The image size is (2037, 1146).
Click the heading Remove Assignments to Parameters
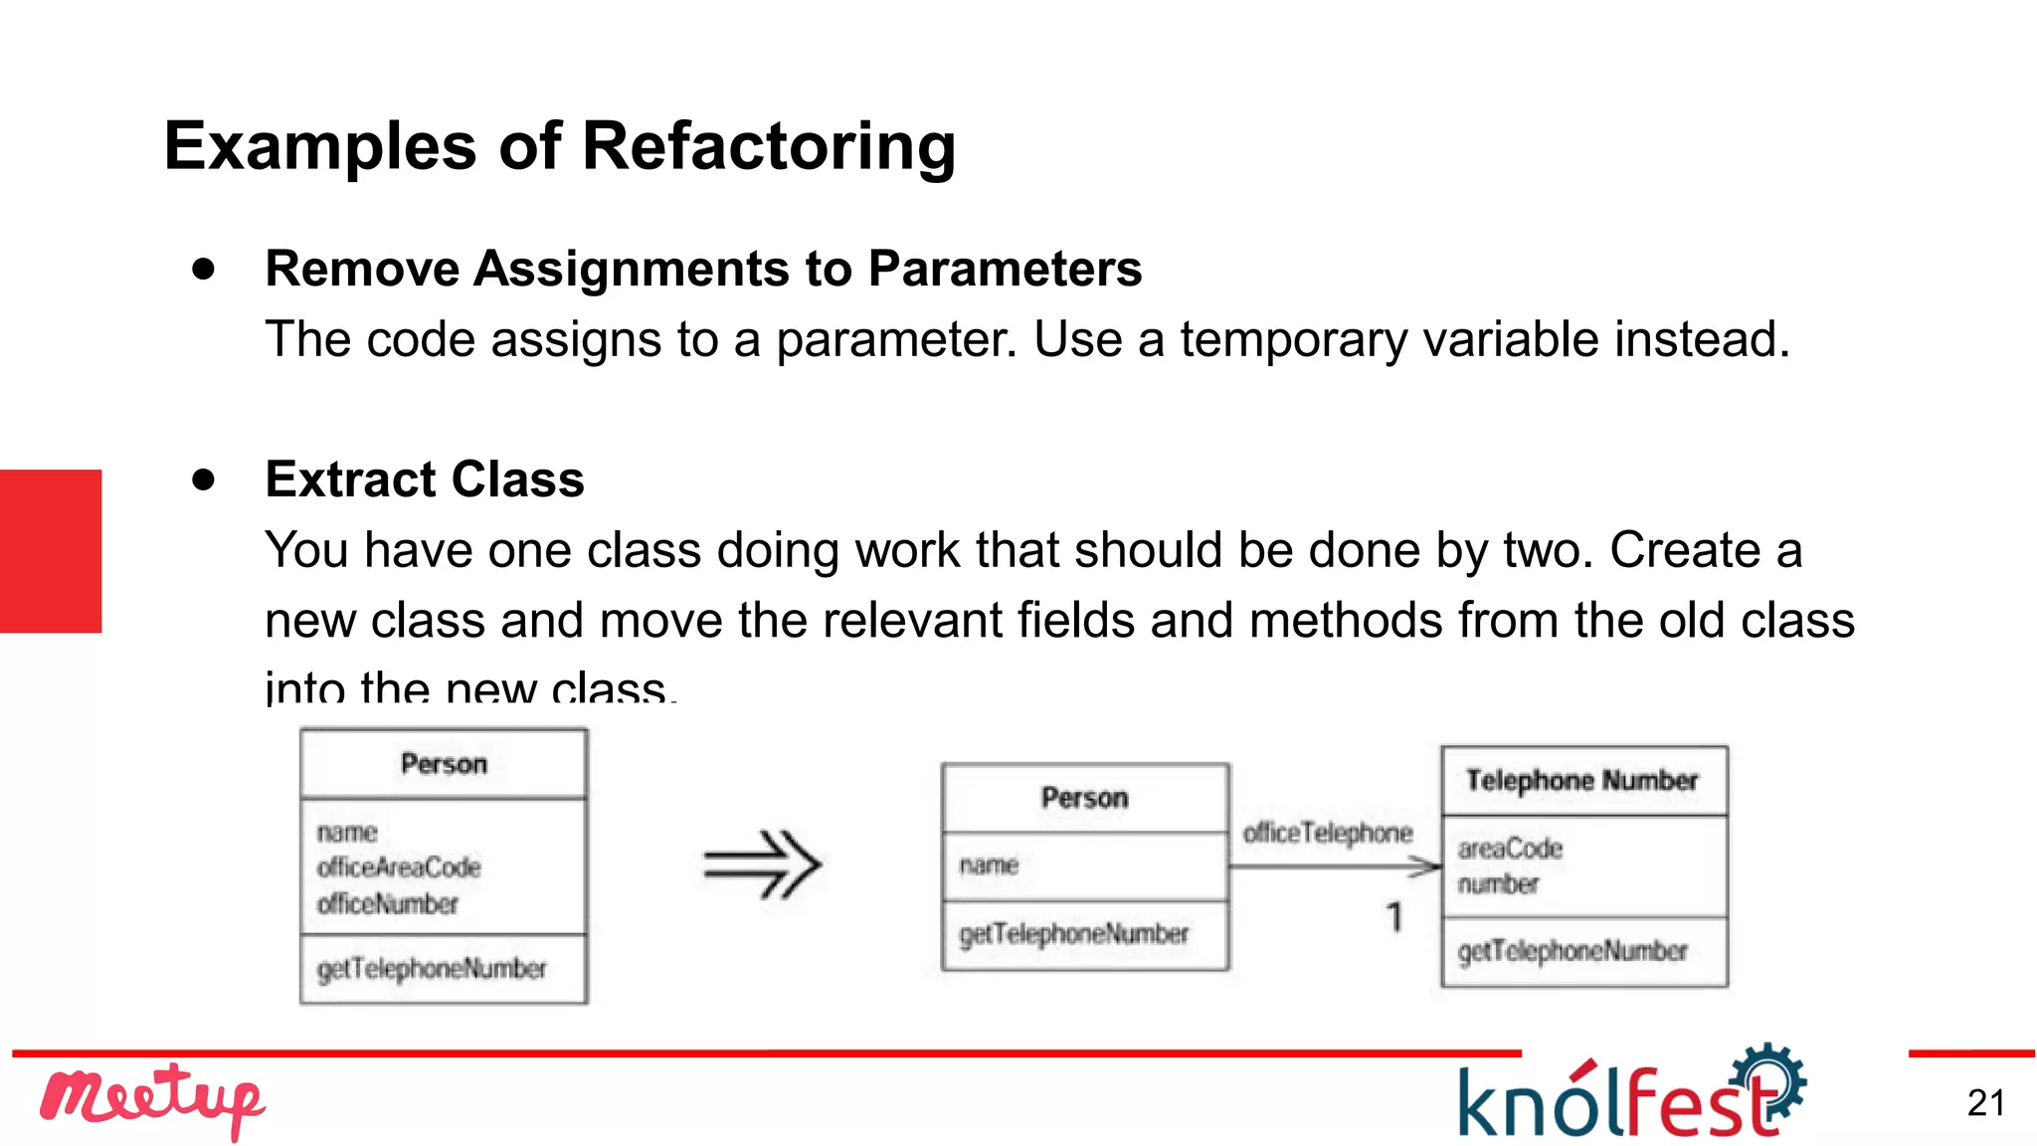pos(703,269)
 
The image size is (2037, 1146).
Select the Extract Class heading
pos(425,479)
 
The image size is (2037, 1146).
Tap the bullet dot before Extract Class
pos(204,479)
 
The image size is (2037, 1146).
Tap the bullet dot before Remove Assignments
pos(204,269)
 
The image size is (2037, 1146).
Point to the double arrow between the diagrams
pos(762,863)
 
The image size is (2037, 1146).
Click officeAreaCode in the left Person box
pos(399,867)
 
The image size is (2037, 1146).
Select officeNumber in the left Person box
pos(388,903)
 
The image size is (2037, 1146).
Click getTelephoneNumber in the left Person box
pos(432,968)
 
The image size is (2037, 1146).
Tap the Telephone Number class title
pos(1582,780)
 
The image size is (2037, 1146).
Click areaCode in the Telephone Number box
pos(1510,849)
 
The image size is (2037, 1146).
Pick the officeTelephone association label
pos(1328,833)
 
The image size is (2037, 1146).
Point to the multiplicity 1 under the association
pos(1394,916)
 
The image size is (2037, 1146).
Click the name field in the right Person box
pos(989,865)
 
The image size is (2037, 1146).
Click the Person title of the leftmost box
pos(444,763)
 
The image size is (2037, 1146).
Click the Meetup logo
pos(151,1100)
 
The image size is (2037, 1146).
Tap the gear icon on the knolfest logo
pos(1771,1079)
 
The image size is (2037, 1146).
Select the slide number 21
pos(1985,1102)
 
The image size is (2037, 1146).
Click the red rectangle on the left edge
pos(51,550)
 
